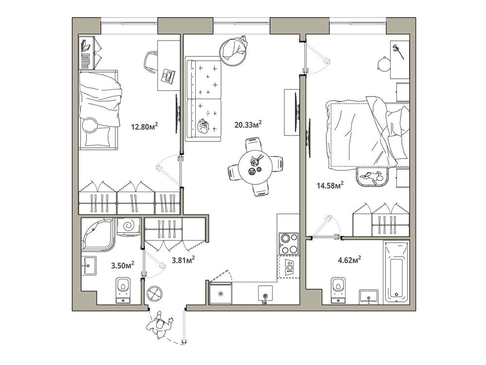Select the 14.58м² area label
[x=330, y=186]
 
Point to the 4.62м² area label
[x=349, y=260]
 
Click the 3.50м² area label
[x=123, y=265]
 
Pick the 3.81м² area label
[x=183, y=260]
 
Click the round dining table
[x=256, y=167]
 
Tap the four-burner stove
[x=289, y=243]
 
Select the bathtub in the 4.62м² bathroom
[x=397, y=272]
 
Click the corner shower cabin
[x=97, y=233]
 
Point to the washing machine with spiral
[x=128, y=227]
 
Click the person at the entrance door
[x=159, y=326]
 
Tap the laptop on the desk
[x=167, y=76]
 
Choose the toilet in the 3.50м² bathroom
[x=123, y=290]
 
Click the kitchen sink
[x=266, y=294]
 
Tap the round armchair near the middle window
[x=234, y=50]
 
